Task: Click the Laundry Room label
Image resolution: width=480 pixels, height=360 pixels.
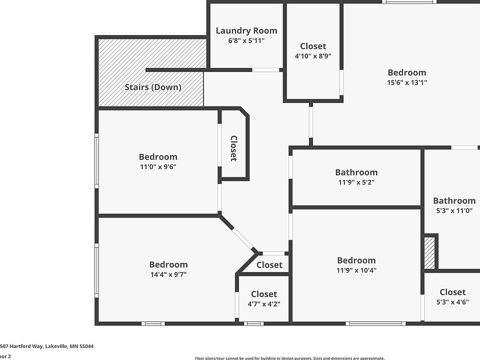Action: coord(246,30)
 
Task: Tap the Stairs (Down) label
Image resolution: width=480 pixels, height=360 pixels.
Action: coord(152,87)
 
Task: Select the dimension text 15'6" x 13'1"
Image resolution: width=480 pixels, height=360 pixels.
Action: coord(406,82)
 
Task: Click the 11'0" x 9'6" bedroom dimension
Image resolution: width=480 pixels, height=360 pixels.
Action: coord(158,166)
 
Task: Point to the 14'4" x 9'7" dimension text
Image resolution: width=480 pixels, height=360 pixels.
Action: coord(168,274)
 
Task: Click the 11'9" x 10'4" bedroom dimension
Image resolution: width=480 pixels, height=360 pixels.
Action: coord(356,270)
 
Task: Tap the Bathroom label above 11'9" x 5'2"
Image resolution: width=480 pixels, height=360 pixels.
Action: coord(356,172)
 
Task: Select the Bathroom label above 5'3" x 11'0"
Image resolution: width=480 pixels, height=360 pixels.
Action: coord(454,200)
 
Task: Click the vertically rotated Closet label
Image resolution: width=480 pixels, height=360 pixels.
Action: coord(233,148)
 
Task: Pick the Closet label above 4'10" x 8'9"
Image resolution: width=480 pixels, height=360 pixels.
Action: coord(313,46)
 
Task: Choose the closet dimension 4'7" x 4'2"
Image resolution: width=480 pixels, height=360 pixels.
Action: coord(263,303)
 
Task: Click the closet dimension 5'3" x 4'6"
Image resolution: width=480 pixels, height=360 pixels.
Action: coord(452,301)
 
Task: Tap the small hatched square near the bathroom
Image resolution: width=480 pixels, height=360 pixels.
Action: coord(429,252)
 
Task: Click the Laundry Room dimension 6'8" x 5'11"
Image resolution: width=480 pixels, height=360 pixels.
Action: coord(246,40)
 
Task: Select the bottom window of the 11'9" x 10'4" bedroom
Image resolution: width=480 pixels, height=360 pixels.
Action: coord(376,323)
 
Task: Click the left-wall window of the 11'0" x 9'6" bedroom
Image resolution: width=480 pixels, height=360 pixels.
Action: coord(96,160)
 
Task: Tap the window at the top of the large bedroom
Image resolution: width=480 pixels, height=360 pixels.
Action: coord(409,2)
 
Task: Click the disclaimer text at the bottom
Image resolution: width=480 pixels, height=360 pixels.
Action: coord(289,357)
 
